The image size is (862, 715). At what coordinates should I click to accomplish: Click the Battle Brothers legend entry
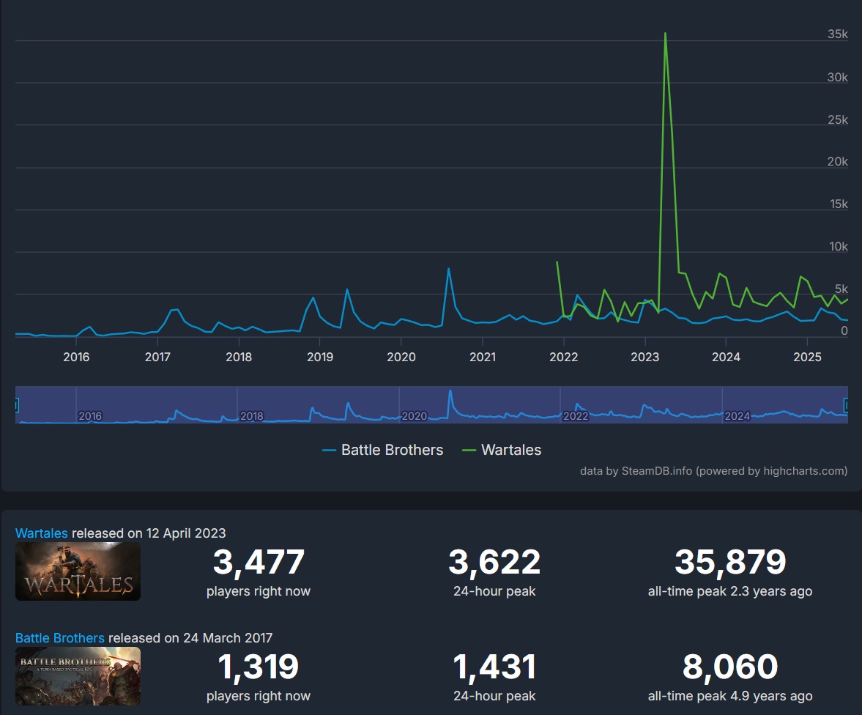pyautogui.click(x=383, y=450)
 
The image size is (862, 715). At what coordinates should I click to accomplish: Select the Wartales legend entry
pyautogui.click(x=502, y=450)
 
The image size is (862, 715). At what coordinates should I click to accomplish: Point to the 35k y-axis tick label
pyautogui.click(x=837, y=34)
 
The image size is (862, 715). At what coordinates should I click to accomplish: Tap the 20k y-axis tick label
pyautogui.click(x=837, y=162)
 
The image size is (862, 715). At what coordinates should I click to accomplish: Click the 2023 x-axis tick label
pyautogui.click(x=644, y=357)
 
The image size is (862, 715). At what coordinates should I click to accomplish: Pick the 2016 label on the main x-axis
pyautogui.click(x=76, y=357)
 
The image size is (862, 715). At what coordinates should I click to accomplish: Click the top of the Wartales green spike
pyautogui.click(x=665, y=33)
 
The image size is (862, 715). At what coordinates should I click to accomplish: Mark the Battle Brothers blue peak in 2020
pyautogui.click(x=448, y=269)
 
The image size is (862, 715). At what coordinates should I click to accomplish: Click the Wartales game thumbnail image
pyautogui.click(x=78, y=571)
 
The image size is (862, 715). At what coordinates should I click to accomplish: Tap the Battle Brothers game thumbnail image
pyautogui.click(x=78, y=676)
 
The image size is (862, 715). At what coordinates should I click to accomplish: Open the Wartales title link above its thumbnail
pyautogui.click(x=42, y=533)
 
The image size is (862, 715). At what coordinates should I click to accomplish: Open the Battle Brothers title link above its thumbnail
pyautogui.click(x=59, y=637)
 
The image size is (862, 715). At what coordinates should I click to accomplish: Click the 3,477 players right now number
pyautogui.click(x=259, y=563)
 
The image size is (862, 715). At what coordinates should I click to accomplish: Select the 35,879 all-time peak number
pyautogui.click(x=729, y=563)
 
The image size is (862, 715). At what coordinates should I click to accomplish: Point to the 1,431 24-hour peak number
pyautogui.click(x=494, y=667)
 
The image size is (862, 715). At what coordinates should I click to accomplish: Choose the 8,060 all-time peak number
pyautogui.click(x=729, y=667)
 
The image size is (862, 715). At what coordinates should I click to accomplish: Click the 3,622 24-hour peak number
pyautogui.click(x=494, y=563)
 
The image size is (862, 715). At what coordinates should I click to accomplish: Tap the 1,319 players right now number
pyautogui.click(x=259, y=667)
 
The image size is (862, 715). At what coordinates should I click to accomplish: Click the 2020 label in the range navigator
pyautogui.click(x=415, y=416)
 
